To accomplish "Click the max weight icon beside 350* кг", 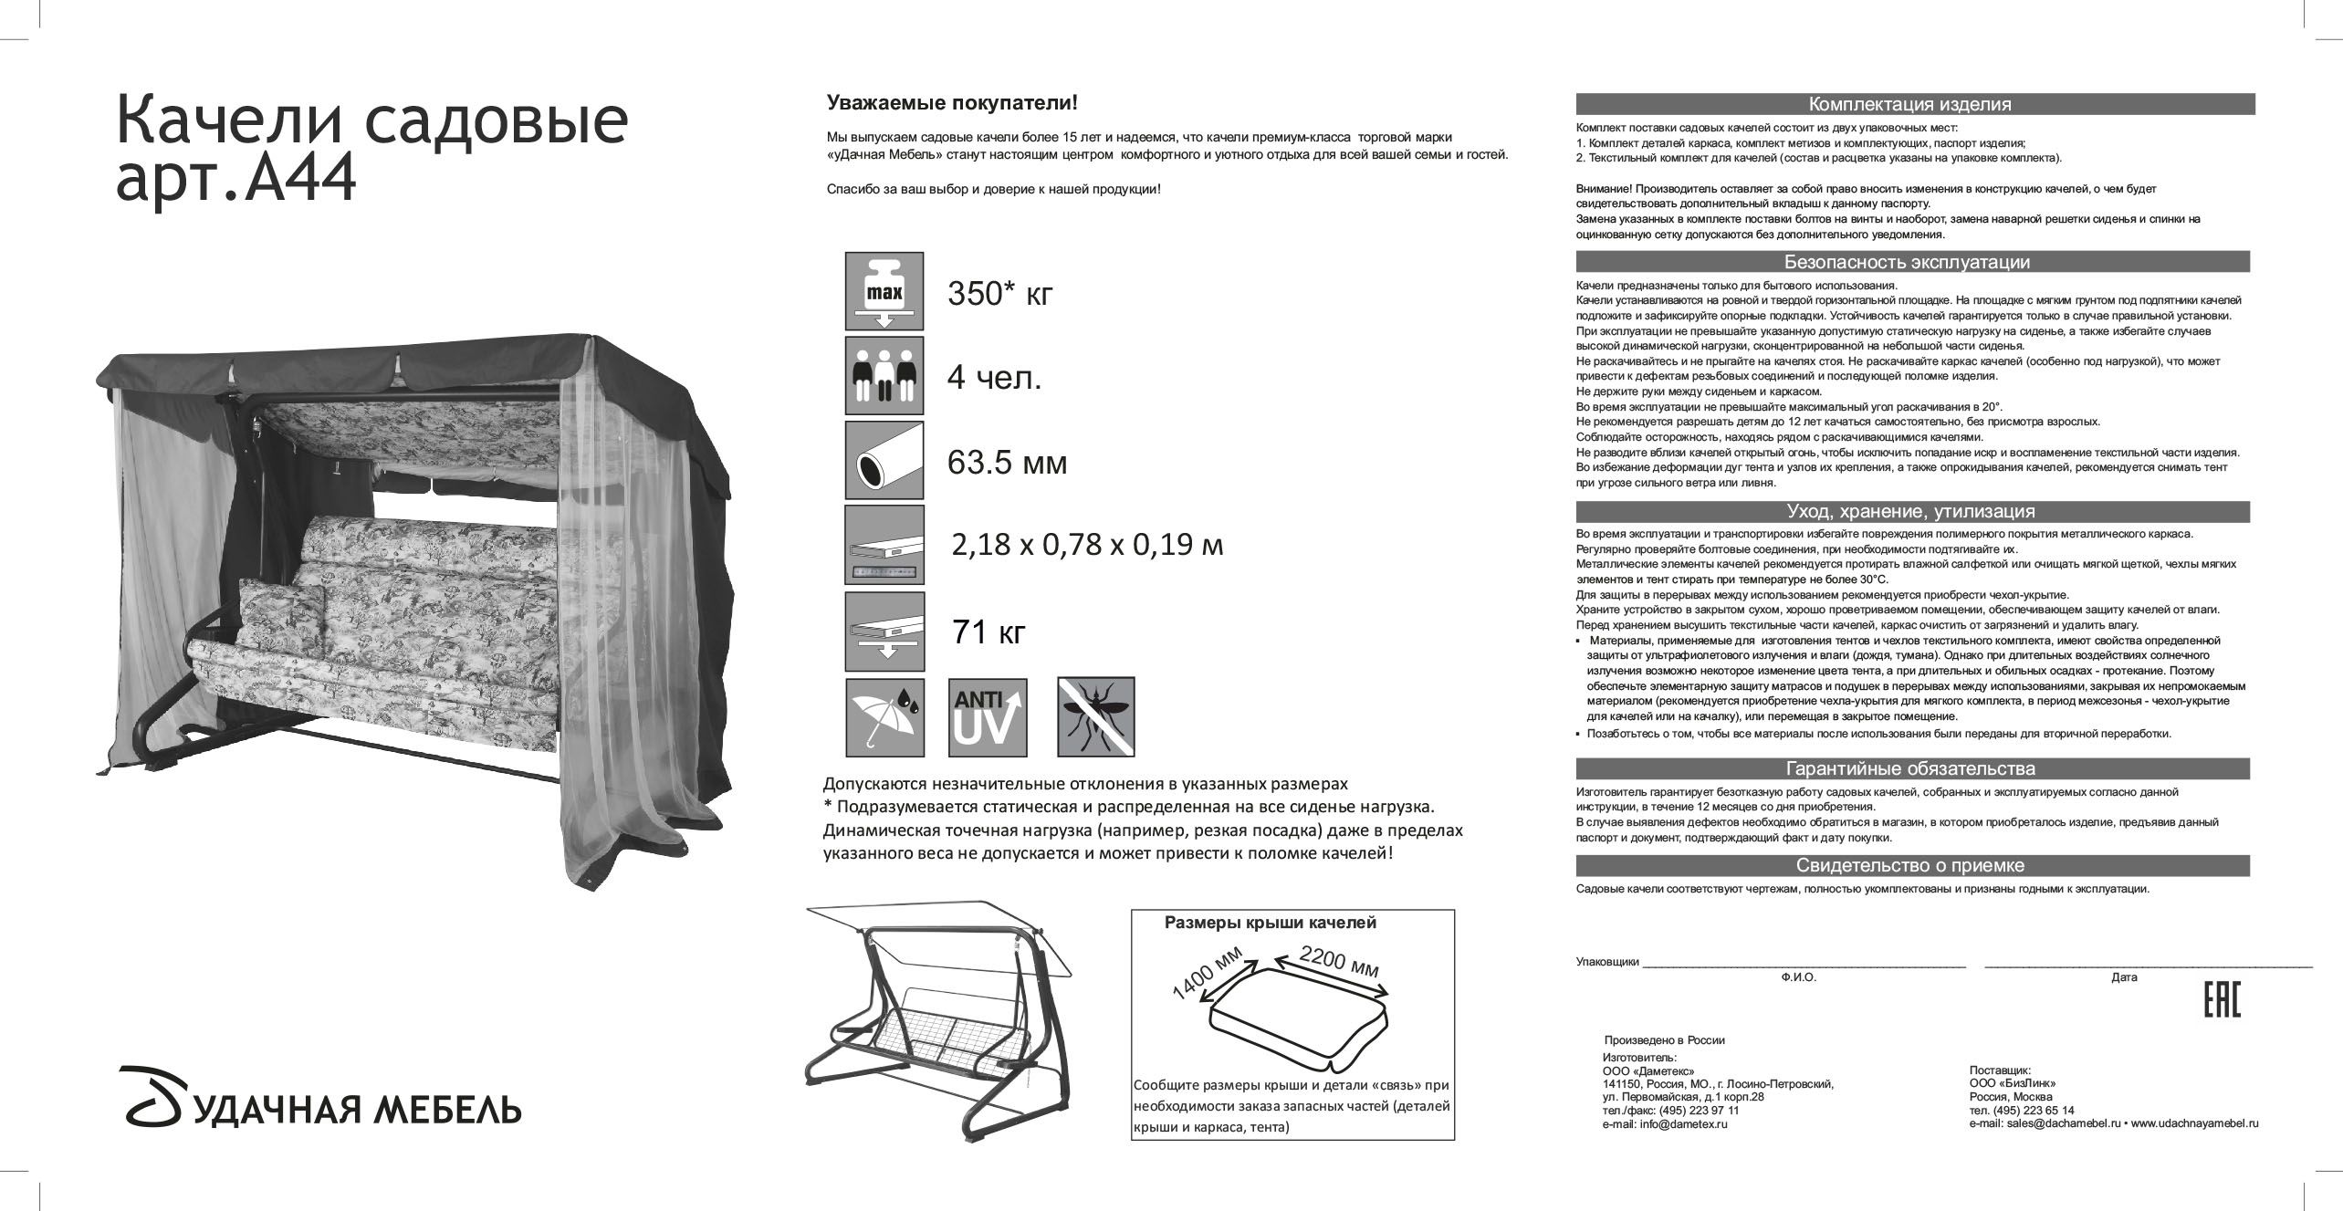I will coord(884,291).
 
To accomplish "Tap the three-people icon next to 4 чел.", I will coord(884,375).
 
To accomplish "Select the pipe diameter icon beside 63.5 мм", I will coord(884,460).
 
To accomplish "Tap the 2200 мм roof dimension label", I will coord(1338,963).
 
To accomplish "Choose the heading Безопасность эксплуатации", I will coord(1911,263).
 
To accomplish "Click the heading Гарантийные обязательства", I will coord(1911,768).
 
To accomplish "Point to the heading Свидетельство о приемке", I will coord(1911,865).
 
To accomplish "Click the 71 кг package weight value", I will coord(988,632).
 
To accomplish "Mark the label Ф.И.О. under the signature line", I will coord(1798,977).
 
